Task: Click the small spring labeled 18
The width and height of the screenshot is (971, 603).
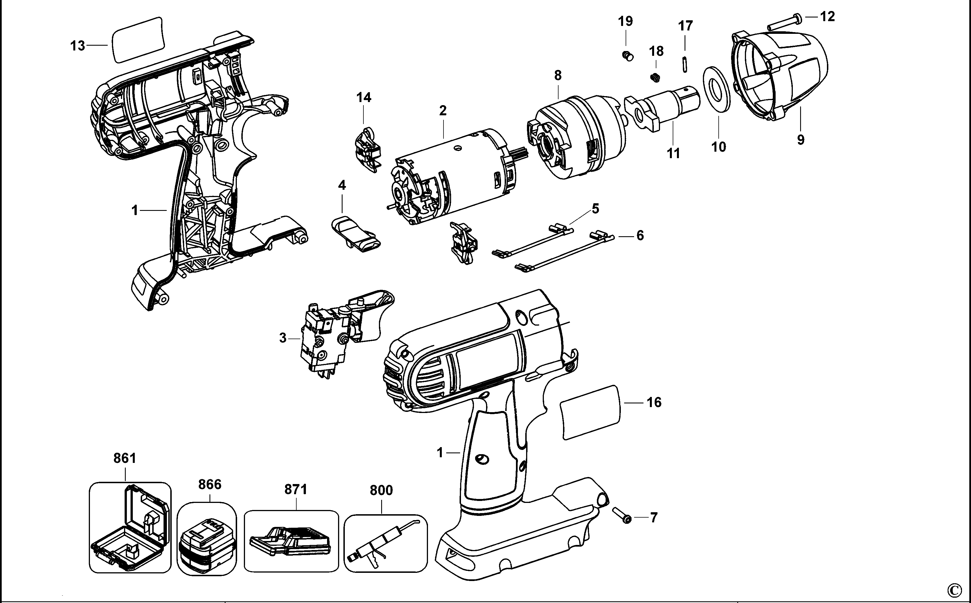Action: pos(654,78)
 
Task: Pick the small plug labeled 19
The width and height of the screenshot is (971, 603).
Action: pos(627,56)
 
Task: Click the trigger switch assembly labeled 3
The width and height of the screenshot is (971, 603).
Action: pos(335,335)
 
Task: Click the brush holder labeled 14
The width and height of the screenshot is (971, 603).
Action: pos(367,150)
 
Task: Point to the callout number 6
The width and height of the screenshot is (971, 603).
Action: pos(640,236)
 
